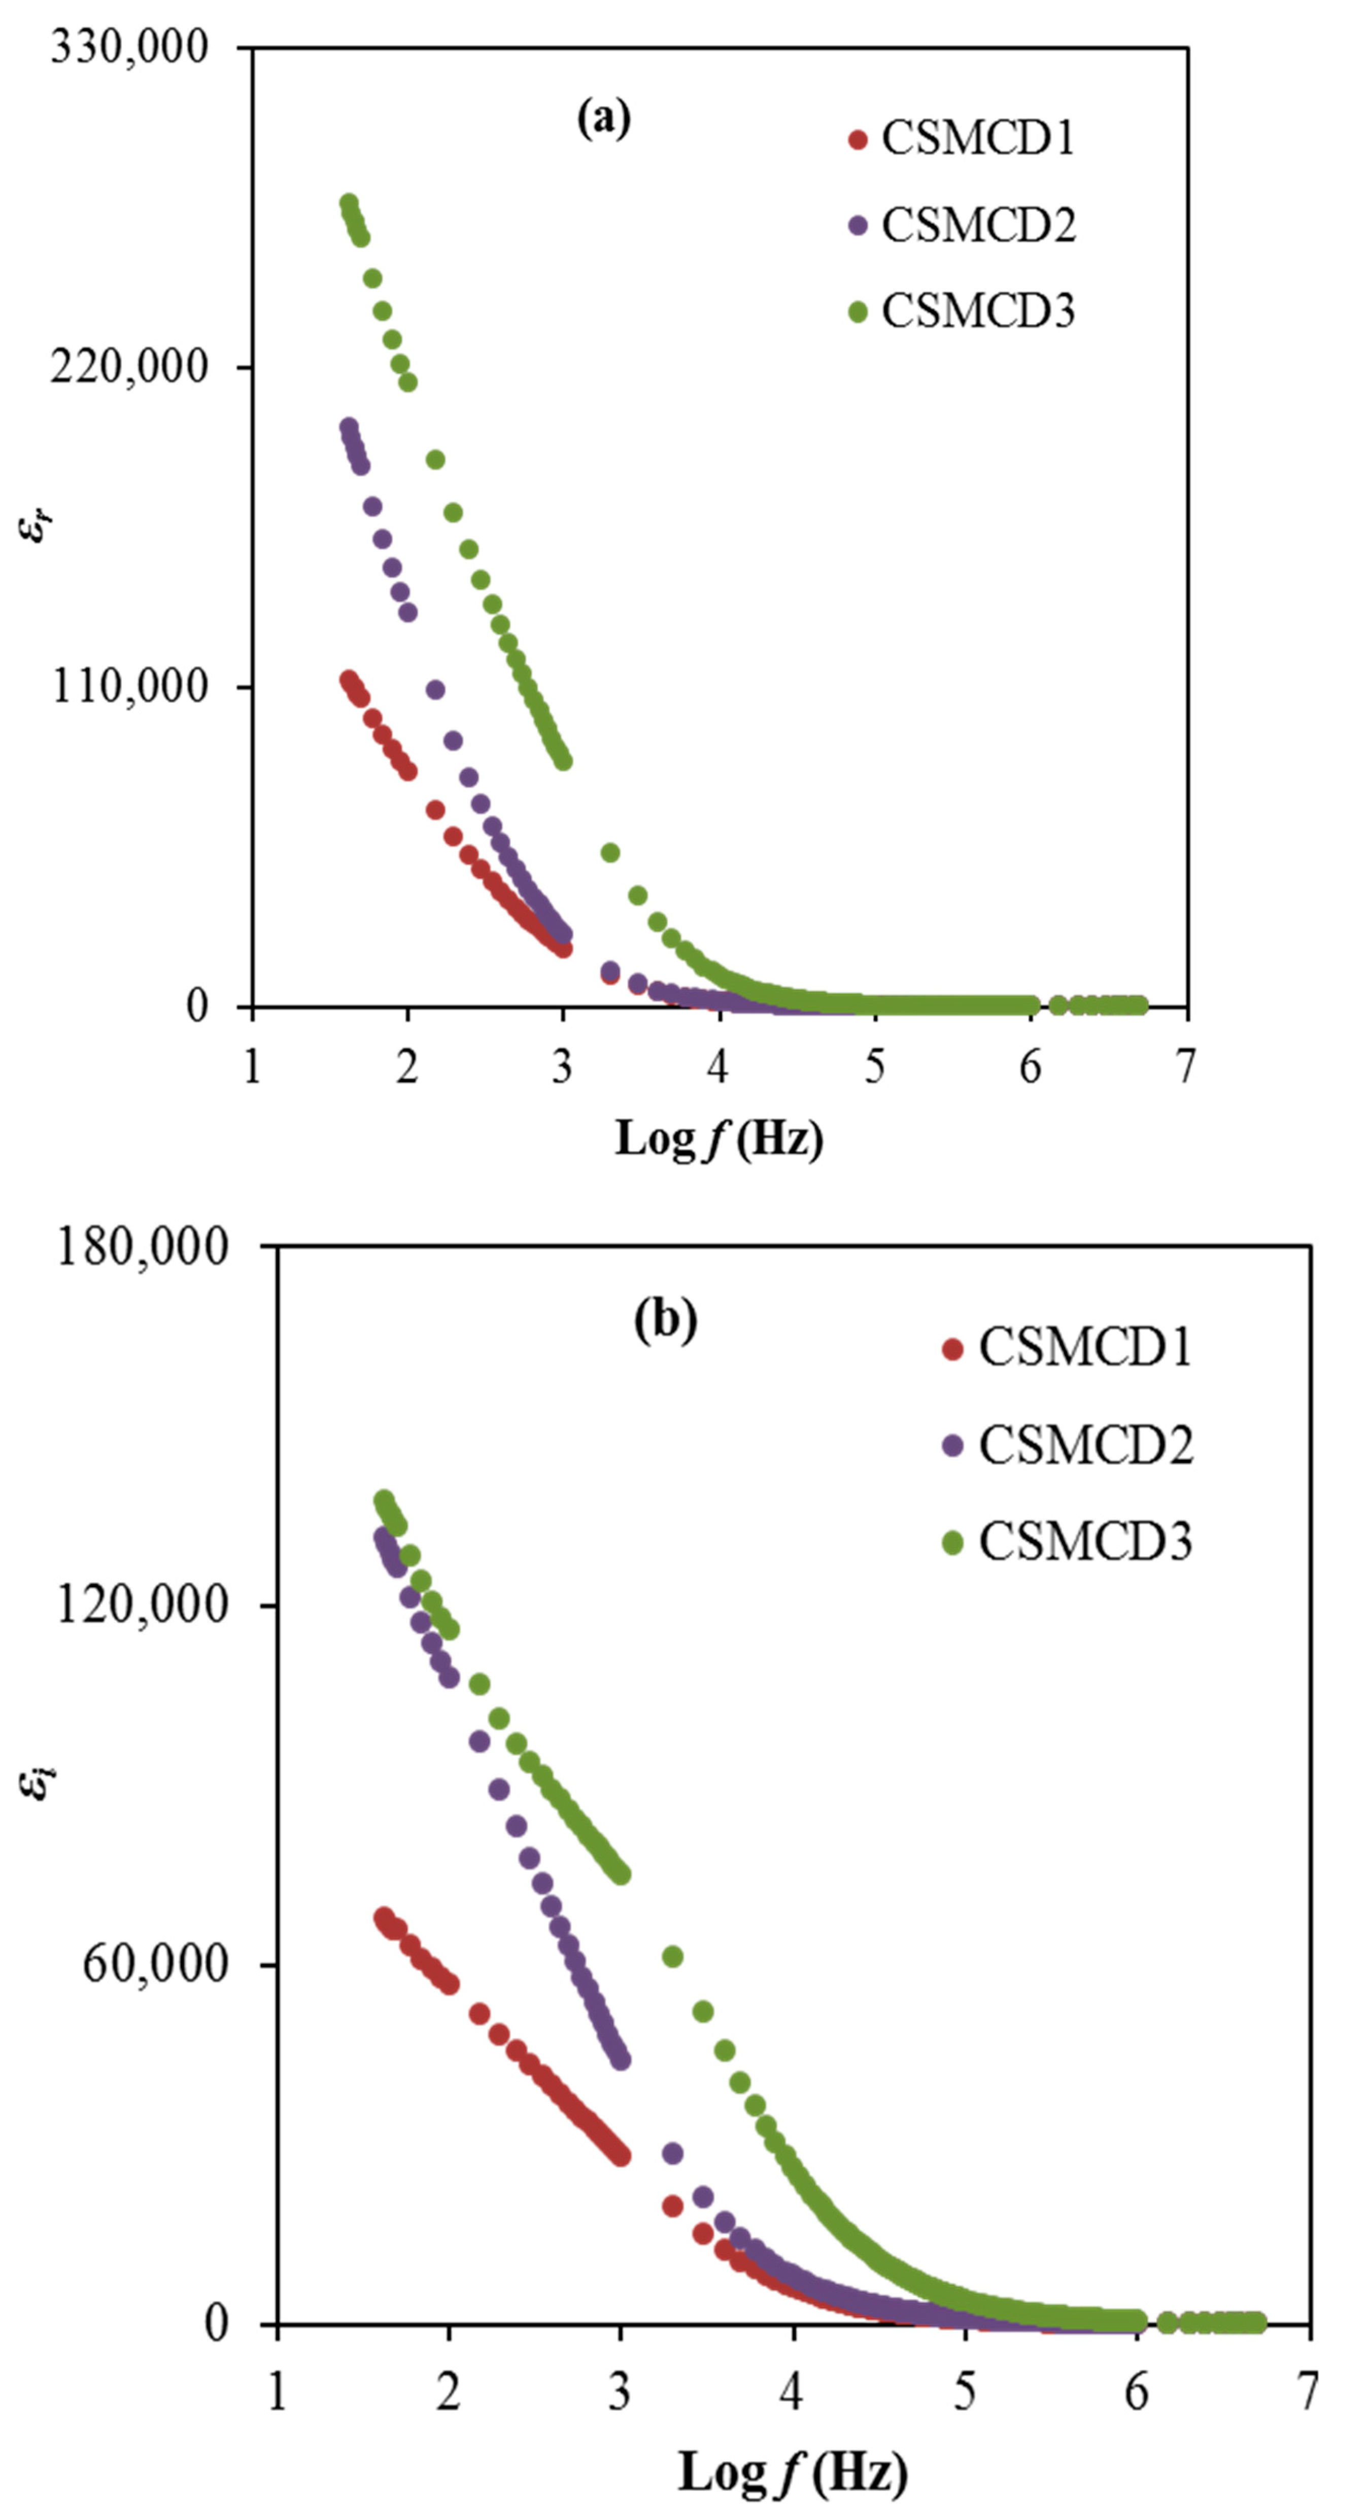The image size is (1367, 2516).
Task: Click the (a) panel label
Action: point(604,119)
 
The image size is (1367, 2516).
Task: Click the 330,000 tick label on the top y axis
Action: point(130,47)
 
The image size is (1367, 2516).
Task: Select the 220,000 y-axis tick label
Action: point(130,366)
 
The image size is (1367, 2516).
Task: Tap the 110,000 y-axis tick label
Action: point(130,687)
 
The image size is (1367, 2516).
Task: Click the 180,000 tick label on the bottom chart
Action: point(143,1247)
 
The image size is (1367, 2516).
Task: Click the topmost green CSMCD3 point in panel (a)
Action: point(349,203)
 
